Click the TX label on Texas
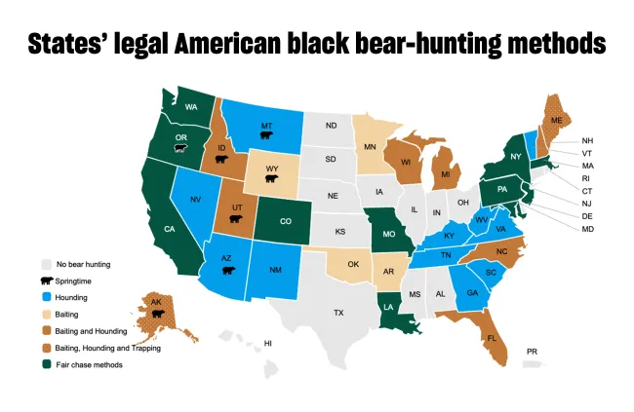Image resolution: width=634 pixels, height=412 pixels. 338,313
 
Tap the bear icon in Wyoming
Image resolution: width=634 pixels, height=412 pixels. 271,179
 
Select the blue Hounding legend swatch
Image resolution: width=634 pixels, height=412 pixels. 46,297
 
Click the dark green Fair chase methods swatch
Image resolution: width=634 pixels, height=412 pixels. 46,363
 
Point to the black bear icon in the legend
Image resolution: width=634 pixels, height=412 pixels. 46,281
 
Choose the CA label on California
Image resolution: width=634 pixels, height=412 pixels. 169,229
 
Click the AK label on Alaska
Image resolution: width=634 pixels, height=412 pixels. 157,302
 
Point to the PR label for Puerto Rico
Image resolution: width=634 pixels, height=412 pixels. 532,351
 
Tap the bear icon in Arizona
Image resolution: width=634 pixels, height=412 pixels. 228,268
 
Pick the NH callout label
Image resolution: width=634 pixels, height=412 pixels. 588,141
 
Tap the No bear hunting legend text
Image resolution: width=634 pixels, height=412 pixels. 82,264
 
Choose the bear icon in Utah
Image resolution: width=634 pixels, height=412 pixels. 234,219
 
